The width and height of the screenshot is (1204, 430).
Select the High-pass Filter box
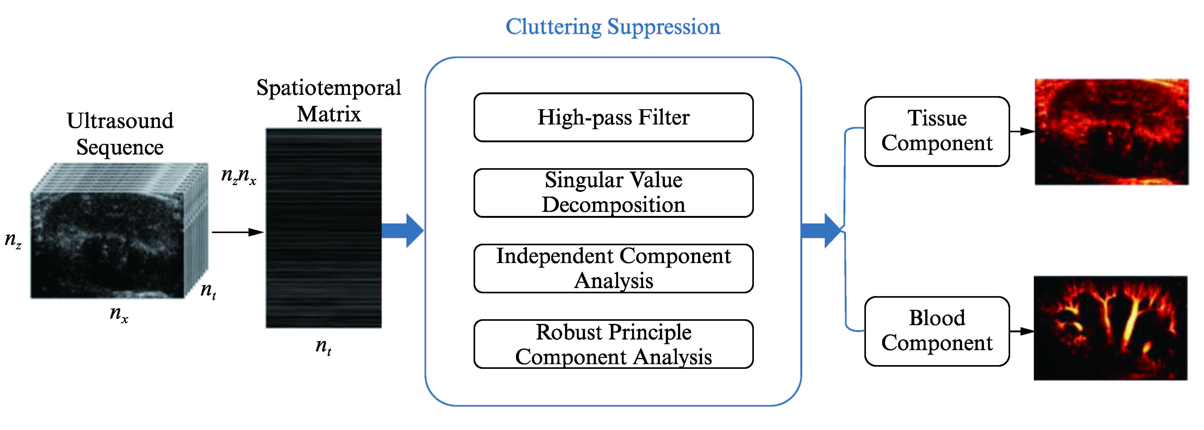point(613,117)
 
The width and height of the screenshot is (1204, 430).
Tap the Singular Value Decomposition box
point(613,193)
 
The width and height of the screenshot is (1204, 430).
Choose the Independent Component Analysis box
point(613,268)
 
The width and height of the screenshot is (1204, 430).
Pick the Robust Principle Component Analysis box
point(613,344)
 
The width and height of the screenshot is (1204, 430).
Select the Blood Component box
point(937,331)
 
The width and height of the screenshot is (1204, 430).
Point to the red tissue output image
point(1112,132)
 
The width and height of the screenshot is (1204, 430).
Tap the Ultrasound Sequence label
point(120,134)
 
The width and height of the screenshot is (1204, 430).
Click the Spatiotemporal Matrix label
point(329,100)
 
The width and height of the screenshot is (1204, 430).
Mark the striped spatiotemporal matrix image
point(323,228)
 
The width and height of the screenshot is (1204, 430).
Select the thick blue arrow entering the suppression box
point(402,230)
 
